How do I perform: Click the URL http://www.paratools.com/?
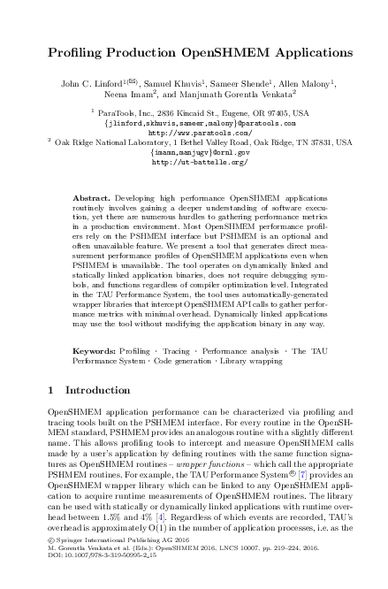(x=194, y=133)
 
